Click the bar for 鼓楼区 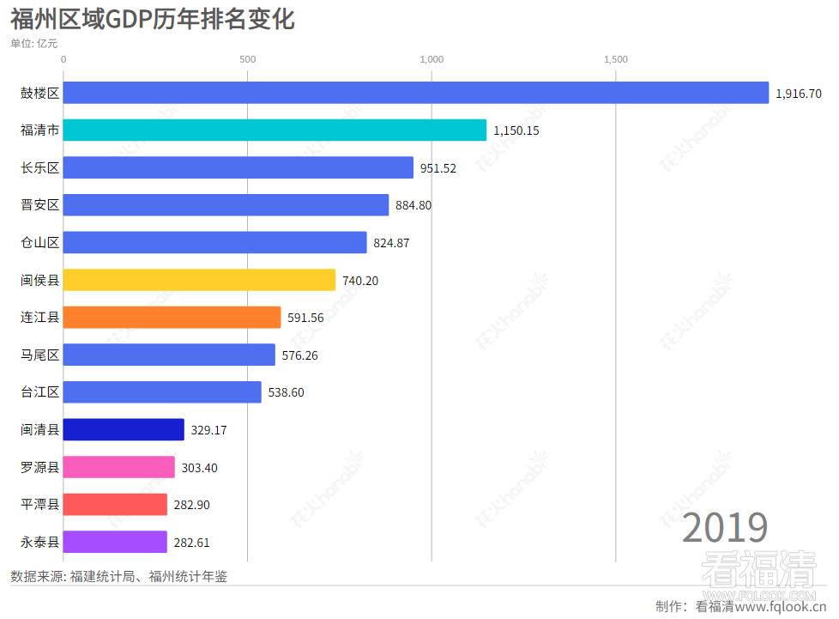point(416,93)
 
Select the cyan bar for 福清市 point(275,130)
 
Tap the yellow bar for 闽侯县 point(199,280)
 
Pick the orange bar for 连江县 point(172,318)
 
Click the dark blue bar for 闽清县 point(124,429)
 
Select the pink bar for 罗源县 point(119,467)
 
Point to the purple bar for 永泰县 point(115,542)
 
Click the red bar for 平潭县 point(115,505)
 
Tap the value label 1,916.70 point(798,94)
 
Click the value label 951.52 point(438,168)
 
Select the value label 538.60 point(286,392)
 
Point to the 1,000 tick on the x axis point(431,59)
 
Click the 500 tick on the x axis point(247,59)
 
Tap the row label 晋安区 point(39,205)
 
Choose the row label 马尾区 point(39,355)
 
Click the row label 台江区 point(39,392)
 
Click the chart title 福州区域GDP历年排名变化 point(153,20)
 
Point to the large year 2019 point(725,527)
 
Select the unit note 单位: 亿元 point(34,43)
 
